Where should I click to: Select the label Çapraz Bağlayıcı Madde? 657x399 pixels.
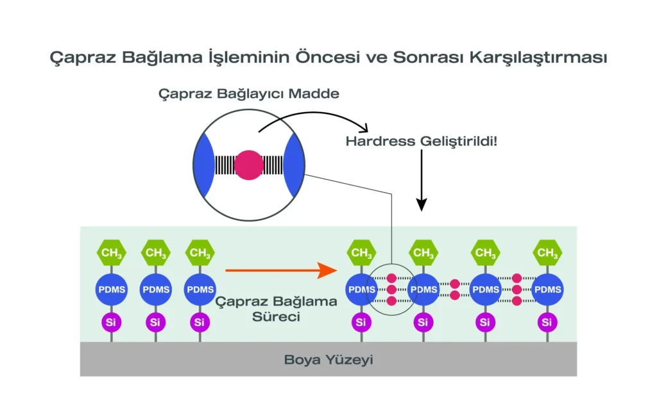[249, 94]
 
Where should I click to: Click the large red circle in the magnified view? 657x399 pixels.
[248, 165]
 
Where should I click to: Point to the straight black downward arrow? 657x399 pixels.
[422, 186]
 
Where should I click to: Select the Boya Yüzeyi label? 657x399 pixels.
[328, 360]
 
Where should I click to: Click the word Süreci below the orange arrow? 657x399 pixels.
[277, 316]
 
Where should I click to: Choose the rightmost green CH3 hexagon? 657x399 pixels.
[547, 253]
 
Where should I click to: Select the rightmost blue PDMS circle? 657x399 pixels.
[547, 289]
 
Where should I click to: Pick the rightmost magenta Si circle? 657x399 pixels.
[547, 322]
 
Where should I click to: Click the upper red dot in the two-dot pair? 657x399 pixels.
[454, 284]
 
